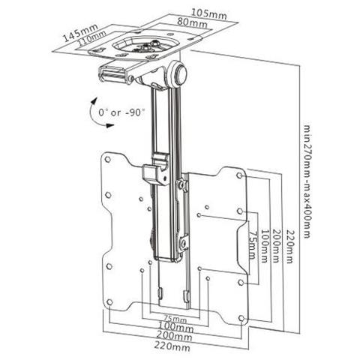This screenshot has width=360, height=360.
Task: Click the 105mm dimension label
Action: [209, 13]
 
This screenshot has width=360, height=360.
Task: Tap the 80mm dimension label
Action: [192, 22]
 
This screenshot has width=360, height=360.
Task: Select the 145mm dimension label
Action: [80, 32]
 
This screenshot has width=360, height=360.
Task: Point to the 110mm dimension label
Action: [91, 37]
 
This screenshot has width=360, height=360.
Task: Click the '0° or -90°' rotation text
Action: [121, 112]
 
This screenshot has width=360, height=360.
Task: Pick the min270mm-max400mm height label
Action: [307, 181]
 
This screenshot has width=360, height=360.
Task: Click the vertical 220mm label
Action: [289, 246]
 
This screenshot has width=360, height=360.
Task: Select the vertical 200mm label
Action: [276, 245]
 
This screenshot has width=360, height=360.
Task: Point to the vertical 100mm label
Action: [264, 245]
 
